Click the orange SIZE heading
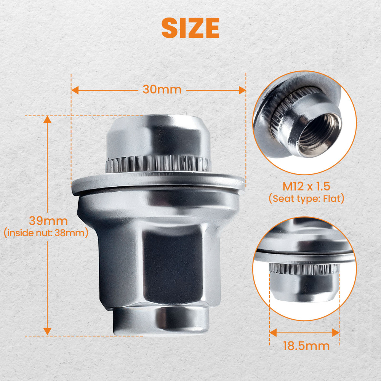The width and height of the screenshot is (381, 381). pyautogui.click(x=190, y=27)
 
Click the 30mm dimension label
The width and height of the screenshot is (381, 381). pyautogui.click(x=162, y=90)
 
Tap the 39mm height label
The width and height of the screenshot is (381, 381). pyautogui.click(x=48, y=221)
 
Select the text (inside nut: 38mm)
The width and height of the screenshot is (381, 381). pyautogui.click(x=46, y=233)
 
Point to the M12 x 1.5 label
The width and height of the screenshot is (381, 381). pyautogui.click(x=306, y=187)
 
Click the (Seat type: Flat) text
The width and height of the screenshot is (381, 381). pyautogui.click(x=306, y=199)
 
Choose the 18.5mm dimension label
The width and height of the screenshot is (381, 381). pyautogui.click(x=306, y=346)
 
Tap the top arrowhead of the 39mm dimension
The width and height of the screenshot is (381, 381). pyautogui.click(x=47, y=120)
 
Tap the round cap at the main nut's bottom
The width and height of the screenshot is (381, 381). pyautogui.click(x=161, y=319)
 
